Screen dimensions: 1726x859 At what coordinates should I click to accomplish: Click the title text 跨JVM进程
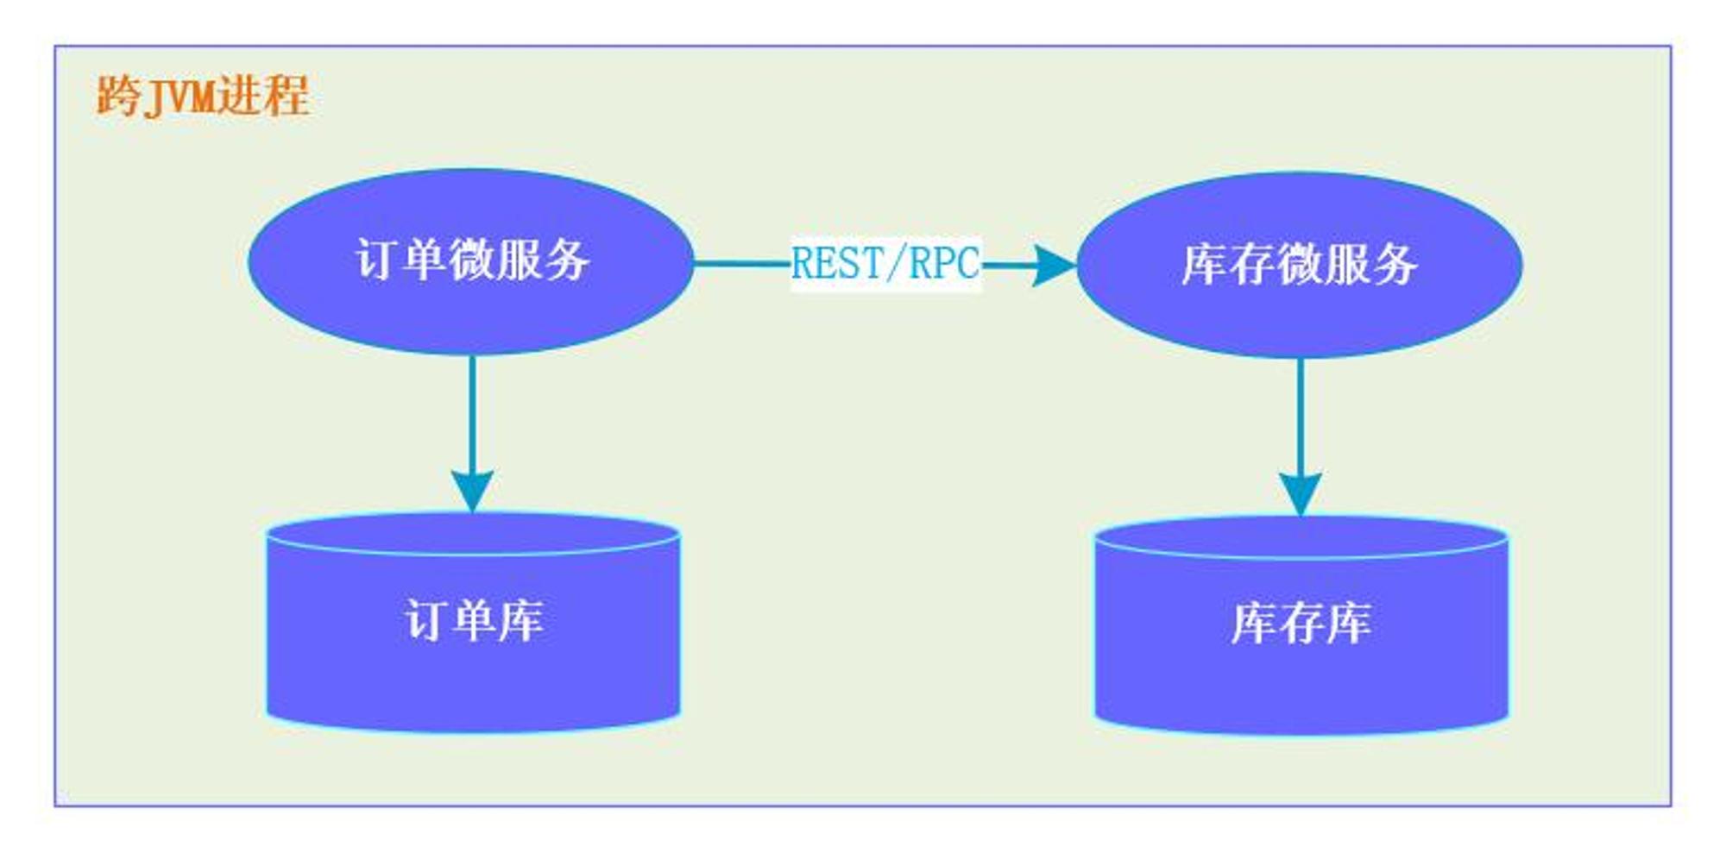203,96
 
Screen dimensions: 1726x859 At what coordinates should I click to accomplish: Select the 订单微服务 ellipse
471,261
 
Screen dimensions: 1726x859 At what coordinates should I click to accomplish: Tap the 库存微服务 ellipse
1300,265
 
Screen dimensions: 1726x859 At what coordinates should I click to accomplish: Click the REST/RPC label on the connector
885,264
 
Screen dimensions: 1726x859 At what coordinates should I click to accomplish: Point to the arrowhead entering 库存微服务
1055,266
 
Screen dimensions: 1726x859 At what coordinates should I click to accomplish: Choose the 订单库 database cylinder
473,623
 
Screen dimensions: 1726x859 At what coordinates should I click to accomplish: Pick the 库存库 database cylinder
1301,626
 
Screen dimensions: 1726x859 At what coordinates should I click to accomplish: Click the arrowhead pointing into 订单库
472,492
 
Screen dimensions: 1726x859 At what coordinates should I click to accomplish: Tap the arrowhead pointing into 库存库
1301,495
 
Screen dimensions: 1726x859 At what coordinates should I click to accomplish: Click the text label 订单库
474,620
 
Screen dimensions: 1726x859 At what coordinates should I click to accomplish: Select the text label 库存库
1301,624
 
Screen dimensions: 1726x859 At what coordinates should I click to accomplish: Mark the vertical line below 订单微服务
472,413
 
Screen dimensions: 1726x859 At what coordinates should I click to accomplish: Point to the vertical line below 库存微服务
1301,417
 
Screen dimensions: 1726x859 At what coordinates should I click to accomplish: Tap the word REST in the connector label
837,264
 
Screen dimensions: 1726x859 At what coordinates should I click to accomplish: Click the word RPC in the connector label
945,264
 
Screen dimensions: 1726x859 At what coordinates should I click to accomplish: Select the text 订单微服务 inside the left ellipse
472,260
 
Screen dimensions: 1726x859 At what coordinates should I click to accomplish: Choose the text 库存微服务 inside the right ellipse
1300,264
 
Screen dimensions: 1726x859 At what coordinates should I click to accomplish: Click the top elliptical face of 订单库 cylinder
473,534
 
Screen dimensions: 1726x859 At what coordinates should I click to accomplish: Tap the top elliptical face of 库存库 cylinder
1301,537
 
